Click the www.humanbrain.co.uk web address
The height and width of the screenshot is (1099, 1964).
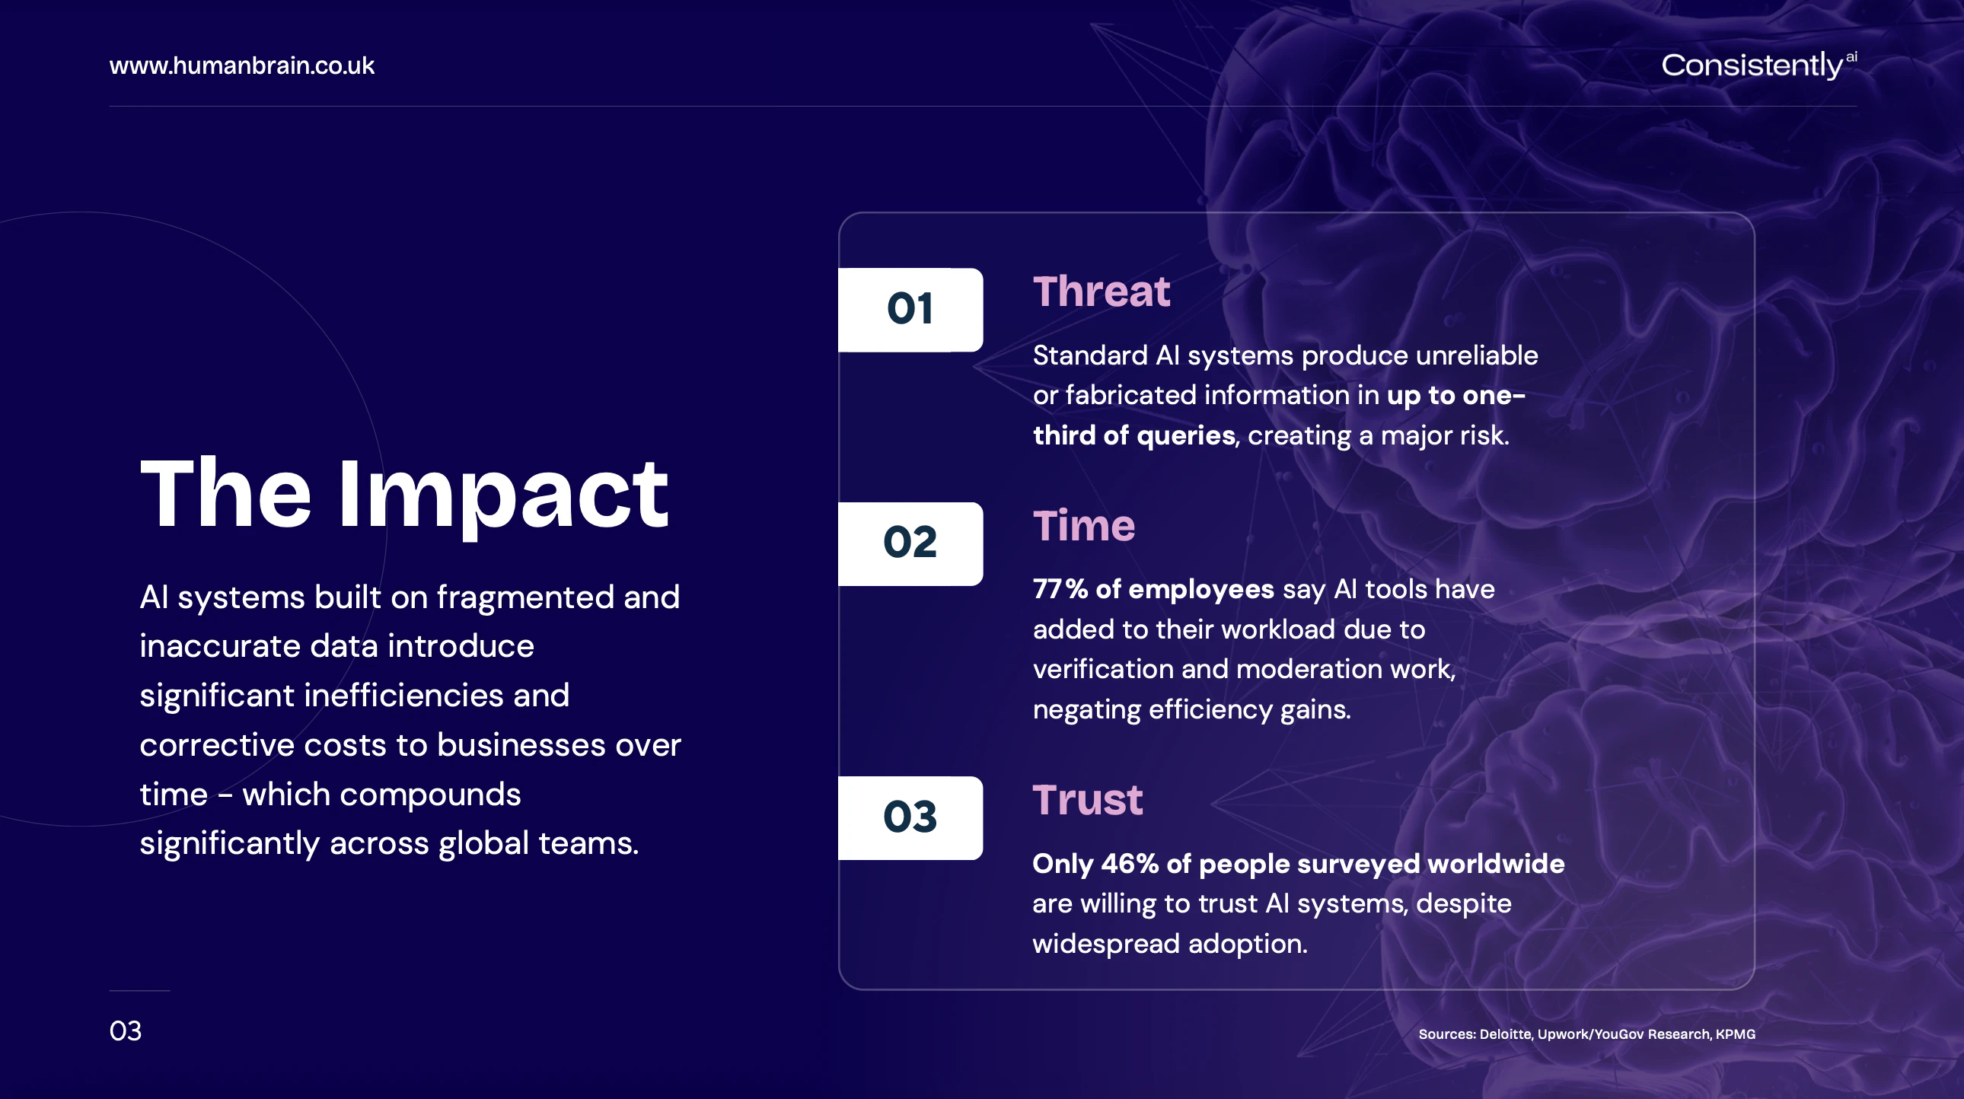point(241,65)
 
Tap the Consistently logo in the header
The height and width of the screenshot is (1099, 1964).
point(1759,65)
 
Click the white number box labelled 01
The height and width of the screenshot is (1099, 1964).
point(910,310)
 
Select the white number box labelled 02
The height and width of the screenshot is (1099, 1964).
point(910,543)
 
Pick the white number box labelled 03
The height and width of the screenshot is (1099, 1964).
point(910,817)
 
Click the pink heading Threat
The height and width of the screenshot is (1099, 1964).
point(1101,292)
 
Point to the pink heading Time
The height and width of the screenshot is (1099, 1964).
point(1083,526)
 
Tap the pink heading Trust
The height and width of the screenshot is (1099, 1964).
point(1087,800)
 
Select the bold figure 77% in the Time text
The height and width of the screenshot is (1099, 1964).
point(1060,589)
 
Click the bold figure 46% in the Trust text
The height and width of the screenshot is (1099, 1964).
point(1129,864)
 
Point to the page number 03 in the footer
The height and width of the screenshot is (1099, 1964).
point(125,1031)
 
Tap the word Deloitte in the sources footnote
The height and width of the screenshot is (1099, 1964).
point(1505,1034)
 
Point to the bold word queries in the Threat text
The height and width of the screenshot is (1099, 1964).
point(1185,436)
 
